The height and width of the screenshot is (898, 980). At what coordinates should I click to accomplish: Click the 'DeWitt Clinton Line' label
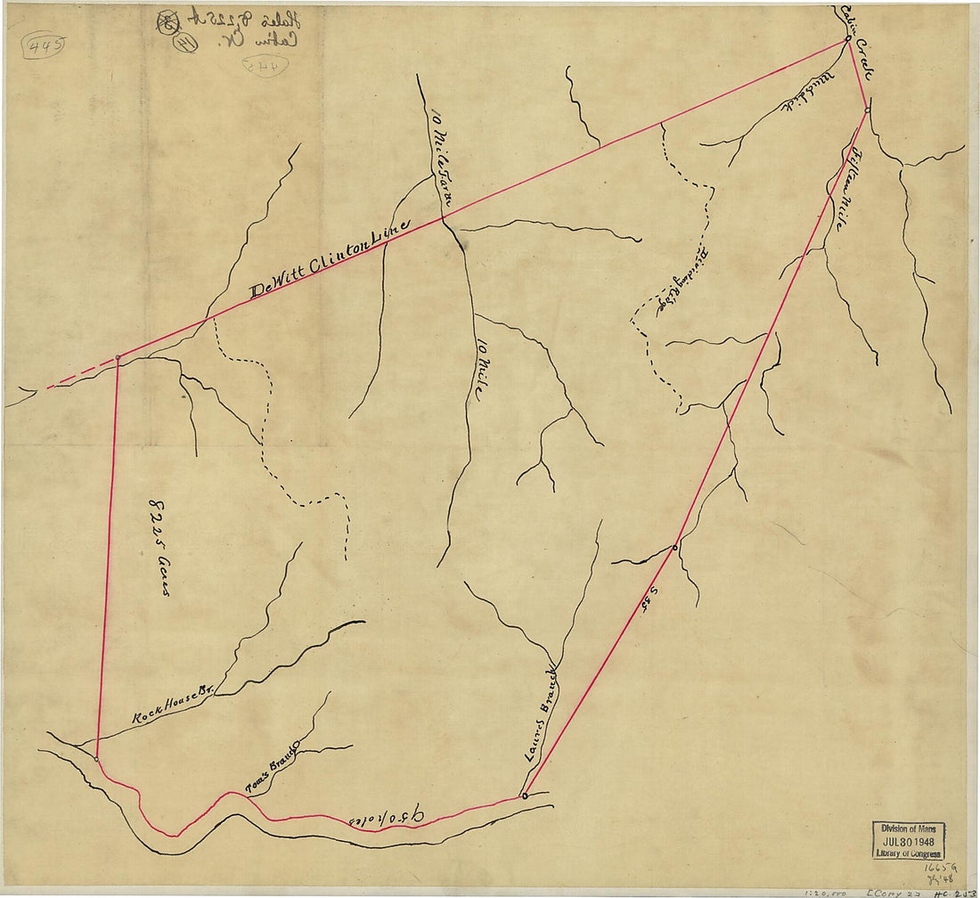pyautogui.click(x=330, y=258)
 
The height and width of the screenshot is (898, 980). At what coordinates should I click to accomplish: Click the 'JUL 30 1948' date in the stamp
pyautogui.click(x=908, y=841)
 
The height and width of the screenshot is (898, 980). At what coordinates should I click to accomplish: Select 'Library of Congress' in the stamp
pyautogui.click(x=908, y=853)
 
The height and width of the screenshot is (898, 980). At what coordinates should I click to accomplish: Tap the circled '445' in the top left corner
pyautogui.click(x=44, y=45)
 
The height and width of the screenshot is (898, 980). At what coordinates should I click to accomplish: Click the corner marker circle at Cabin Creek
pyautogui.click(x=846, y=40)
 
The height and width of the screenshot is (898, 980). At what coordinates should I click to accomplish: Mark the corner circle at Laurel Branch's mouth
pyautogui.click(x=524, y=795)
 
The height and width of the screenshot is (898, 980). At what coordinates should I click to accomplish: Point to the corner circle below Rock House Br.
pyautogui.click(x=96, y=759)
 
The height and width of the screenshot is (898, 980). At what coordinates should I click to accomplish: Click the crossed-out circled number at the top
pyautogui.click(x=167, y=24)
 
